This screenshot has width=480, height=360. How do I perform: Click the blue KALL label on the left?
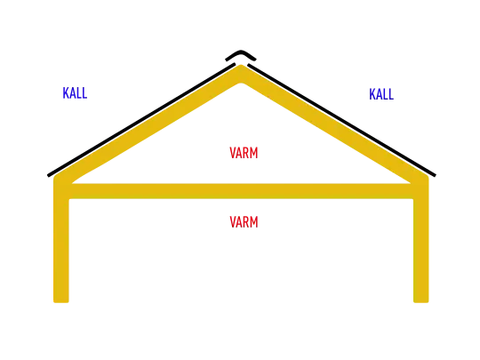(x=75, y=93)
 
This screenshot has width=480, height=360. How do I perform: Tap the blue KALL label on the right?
(x=381, y=94)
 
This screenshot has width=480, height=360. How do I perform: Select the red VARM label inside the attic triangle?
(x=244, y=153)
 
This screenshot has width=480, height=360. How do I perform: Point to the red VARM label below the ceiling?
(x=244, y=222)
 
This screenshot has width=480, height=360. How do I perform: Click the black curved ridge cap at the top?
(x=241, y=54)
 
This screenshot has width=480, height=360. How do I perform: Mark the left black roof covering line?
(x=141, y=120)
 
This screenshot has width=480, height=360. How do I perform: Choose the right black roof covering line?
(x=341, y=120)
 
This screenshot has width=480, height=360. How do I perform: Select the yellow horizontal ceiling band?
(x=241, y=191)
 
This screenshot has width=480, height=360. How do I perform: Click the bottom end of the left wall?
(x=61, y=302)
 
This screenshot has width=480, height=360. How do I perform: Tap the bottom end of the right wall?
(x=421, y=302)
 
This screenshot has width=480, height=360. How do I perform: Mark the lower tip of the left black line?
(x=48, y=176)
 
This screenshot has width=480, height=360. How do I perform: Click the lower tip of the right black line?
(x=435, y=176)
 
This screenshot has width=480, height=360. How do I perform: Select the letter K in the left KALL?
(x=66, y=93)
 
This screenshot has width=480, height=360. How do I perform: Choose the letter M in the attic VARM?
(x=253, y=153)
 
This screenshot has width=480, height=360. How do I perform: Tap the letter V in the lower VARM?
(x=233, y=222)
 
